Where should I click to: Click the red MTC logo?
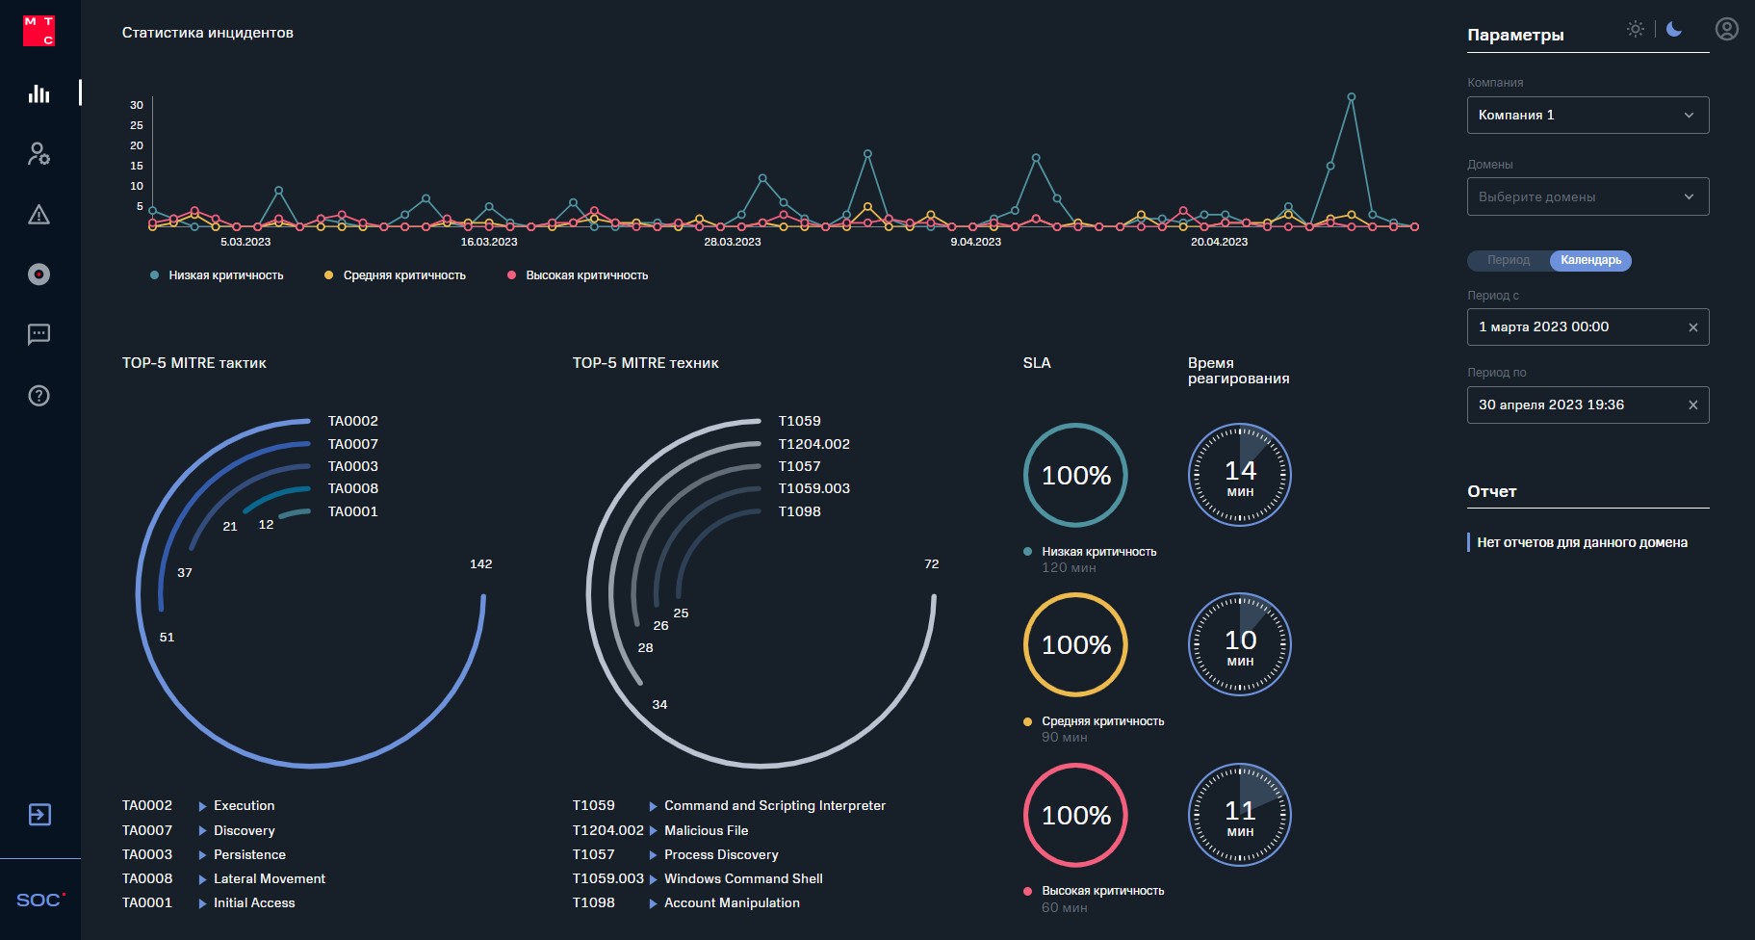[39, 30]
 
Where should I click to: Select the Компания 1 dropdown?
[1587, 116]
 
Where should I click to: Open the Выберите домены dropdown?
[1587, 196]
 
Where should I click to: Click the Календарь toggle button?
[1590, 260]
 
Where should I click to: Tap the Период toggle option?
[1508, 260]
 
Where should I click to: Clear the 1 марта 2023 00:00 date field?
[1692, 327]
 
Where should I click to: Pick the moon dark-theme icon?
[1674, 29]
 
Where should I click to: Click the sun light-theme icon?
[1635, 29]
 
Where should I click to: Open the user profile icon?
[1726, 30]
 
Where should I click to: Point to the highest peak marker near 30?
[1352, 97]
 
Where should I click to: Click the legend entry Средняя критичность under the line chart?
[403, 275]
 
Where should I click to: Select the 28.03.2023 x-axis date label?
[732, 242]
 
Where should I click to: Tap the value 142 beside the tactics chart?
[480, 564]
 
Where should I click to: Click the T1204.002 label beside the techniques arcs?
[813, 444]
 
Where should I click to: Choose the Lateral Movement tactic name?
[270, 878]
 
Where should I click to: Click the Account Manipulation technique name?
[732, 902]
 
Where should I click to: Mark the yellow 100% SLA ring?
[1075, 644]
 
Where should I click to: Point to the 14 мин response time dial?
[1240, 475]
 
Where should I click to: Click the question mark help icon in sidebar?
[39, 396]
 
